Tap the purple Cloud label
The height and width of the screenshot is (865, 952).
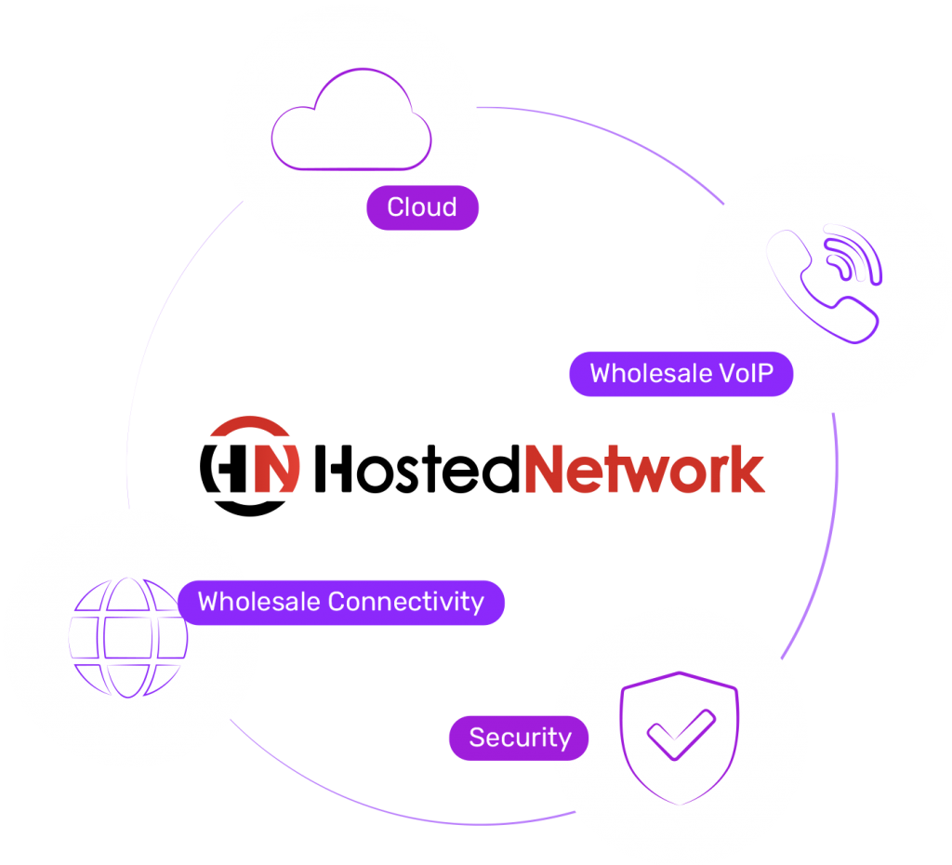(422, 207)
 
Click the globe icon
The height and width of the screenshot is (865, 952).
(128, 637)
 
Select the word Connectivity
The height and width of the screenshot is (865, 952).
(406, 602)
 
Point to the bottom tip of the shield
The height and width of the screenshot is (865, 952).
(679, 801)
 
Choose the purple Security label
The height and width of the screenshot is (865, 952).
(519, 739)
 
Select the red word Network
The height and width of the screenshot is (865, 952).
(644, 469)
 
